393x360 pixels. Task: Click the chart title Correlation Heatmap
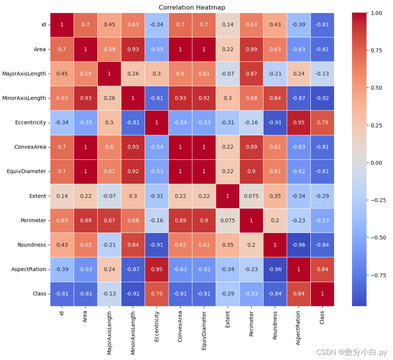(192, 8)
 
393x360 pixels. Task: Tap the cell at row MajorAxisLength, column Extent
(227, 74)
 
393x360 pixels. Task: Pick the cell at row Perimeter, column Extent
(227, 220)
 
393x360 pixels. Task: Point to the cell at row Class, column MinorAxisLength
(133, 294)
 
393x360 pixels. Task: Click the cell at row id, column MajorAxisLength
(109, 25)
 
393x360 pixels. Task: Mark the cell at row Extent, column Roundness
(275, 196)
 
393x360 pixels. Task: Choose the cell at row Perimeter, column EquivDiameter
(204, 220)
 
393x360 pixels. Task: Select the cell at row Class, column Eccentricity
(157, 294)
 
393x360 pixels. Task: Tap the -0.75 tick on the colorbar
(380, 275)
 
